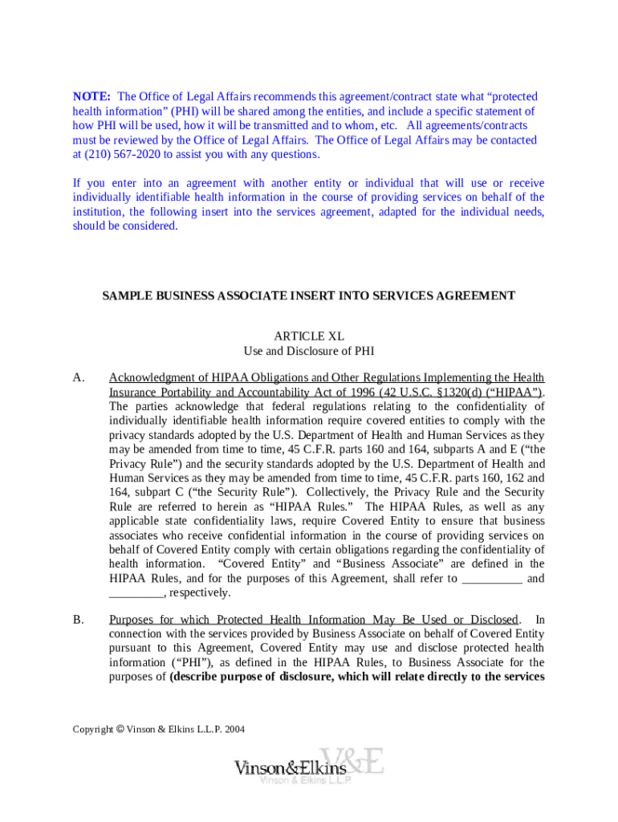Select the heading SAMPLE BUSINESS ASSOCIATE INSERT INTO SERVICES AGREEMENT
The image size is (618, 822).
tap(308, 296)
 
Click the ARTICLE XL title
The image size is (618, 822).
tap(309, 336)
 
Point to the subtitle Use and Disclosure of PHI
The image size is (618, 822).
tap(309, 351)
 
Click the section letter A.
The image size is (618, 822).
tap(79, 377)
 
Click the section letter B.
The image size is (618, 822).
tap(79, 620)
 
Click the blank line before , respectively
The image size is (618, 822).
tap(136, 593)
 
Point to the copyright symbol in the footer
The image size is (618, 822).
tap(120, 730)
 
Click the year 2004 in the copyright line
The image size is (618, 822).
tap(234, 730)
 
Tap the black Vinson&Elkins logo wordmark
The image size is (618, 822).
tap(291, 768)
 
